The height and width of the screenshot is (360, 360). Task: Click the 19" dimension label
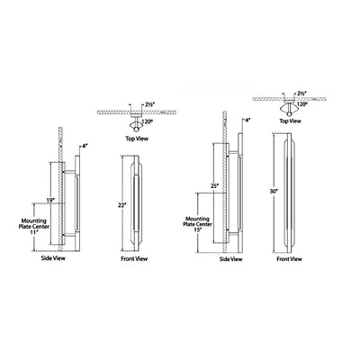pyautogui.click(x=51, y=200)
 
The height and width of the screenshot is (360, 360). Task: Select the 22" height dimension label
pyautogui.click(x=122, y=205)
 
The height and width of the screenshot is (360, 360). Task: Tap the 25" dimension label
pyautogui.click(x=214, y=186)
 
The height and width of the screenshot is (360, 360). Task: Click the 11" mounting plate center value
pyautogui.click(x=34, y=232)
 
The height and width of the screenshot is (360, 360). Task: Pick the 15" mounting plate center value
pyautogui.click(x=198, y=229)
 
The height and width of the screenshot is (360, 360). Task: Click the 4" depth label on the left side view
pyautogui.click(x=85, y=147)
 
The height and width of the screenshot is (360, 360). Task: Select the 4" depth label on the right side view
pyautogui.click(x=247, y=121)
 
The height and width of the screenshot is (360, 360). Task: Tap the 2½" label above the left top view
pyautogui.click(x=149, y=104)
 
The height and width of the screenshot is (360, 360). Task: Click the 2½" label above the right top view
pyautogui.click(x=302, y=94)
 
